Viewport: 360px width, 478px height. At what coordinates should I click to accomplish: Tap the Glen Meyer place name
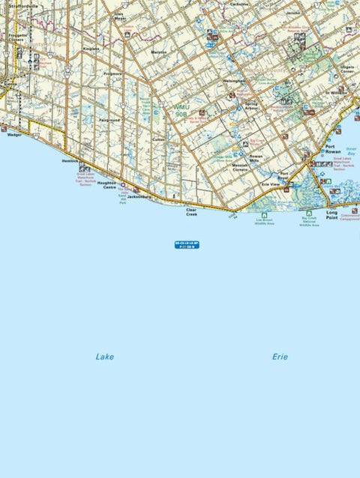tap(119, 16)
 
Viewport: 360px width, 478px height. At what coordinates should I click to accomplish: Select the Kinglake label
tap(91, 49)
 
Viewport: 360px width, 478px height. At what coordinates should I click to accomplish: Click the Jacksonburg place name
tap(139, 197)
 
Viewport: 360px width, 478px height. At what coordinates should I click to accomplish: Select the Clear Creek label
tap(193, 212)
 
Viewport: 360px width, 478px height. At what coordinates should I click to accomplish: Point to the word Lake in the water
tap(104, 357)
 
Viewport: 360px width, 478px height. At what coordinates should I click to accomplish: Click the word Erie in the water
tap(280, 357)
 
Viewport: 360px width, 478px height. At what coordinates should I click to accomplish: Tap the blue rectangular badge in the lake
tap(187, 245)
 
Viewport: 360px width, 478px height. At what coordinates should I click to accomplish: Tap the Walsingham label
tap(234, 81)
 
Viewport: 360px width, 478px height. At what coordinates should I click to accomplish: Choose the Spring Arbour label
tap(256, 106)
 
